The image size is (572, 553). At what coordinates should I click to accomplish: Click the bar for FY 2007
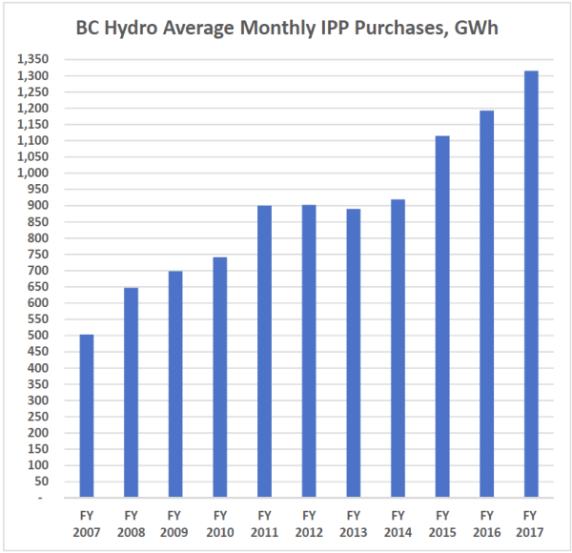click(86, 416)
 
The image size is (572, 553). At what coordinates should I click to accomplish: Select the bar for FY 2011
click(265, 352)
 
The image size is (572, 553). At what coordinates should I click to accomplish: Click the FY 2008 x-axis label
click(131, 521)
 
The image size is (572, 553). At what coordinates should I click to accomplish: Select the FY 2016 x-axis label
click(488, 521)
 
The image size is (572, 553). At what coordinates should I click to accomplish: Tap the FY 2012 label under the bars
click(310, 521)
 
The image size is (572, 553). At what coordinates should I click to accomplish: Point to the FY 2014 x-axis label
click(398, 521)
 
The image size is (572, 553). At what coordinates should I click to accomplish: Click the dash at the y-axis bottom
click(52, 498)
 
